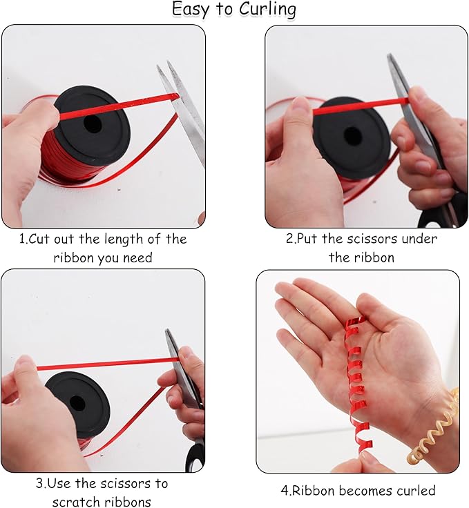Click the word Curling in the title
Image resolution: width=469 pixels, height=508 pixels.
267,10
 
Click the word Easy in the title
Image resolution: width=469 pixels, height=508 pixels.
190,10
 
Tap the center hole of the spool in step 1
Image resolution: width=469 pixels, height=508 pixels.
93,124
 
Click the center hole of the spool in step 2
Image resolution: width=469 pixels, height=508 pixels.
352,137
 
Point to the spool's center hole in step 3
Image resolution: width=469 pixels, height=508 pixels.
77,403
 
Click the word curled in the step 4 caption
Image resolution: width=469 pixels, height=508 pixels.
415,490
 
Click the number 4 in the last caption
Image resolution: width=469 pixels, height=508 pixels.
285,491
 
